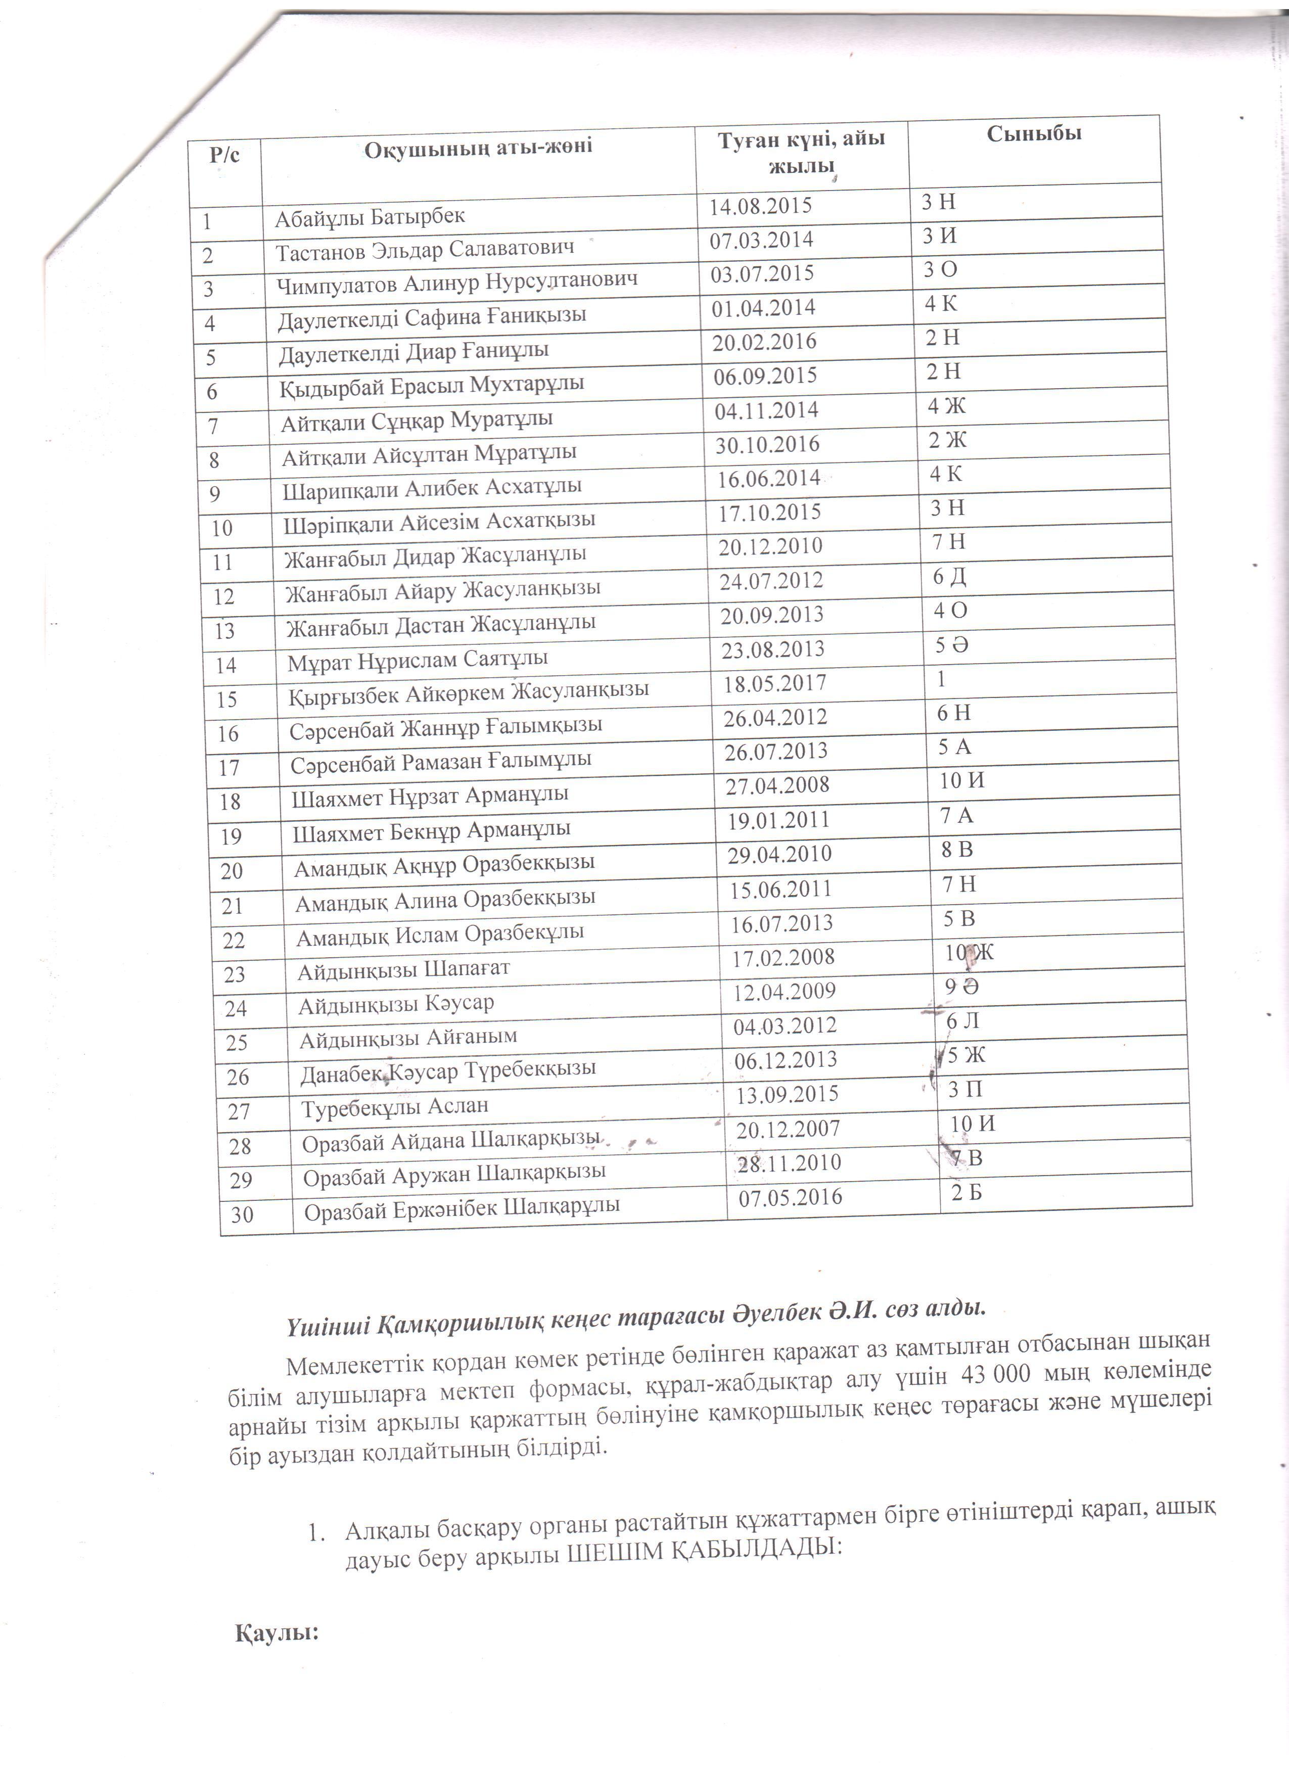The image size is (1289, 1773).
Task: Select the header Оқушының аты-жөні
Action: coord(478,146)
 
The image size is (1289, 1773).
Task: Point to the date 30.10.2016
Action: coord(768,444)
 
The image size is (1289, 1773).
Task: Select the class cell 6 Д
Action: coord(950,577)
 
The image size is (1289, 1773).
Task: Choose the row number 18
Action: coord(231,801)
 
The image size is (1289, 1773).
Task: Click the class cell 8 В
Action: coord(957,850)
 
